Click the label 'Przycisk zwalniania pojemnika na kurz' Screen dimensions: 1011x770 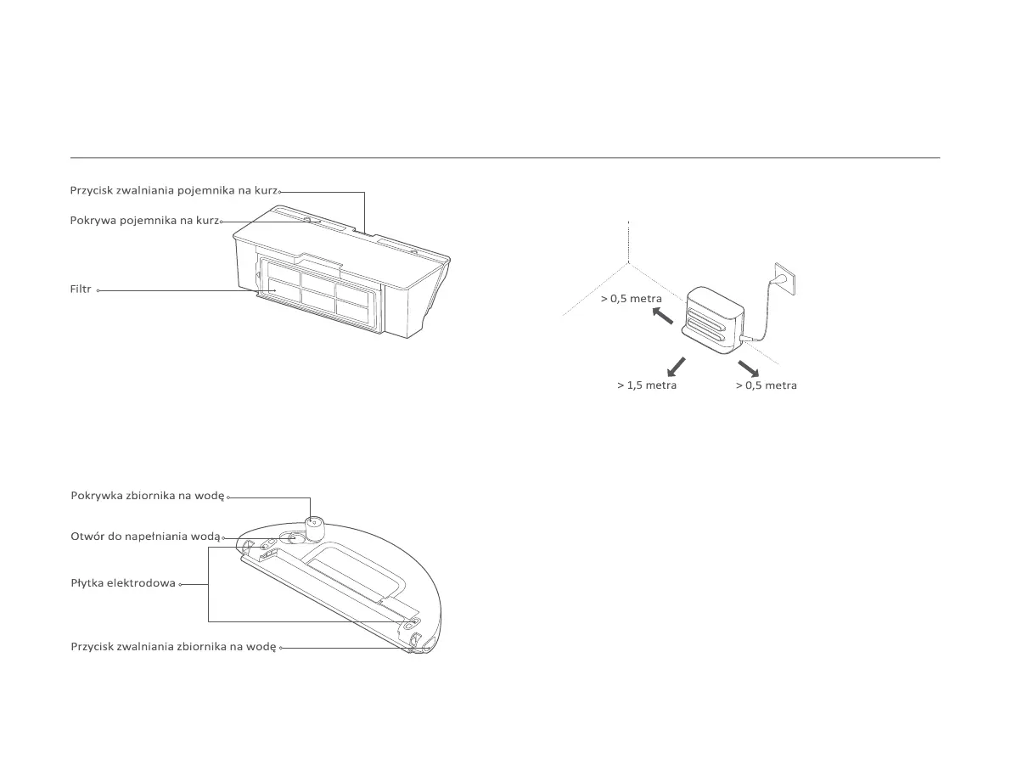(x=174, y=191)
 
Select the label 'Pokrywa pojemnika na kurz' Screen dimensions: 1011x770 (x=143, y=221)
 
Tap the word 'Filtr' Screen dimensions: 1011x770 (x=81, y=289)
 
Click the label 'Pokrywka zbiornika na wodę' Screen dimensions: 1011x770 (x=148, y=496)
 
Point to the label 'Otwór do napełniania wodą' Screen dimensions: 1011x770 (x=144, y=537)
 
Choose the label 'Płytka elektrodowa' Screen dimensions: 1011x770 (x=123, y=583)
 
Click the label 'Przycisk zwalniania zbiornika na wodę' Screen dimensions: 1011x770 (x=173, y=647)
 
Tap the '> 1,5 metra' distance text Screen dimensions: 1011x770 (x=647, y=385)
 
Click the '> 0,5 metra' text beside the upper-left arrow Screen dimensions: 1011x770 (x=632, y=299)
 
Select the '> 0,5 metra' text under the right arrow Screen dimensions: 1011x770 (x=766, y=385)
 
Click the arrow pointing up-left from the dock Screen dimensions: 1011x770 (x=663, y=316)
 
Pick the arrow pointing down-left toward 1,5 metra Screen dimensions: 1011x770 (x=677, y=366)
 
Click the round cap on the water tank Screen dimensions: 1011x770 (x=315, y=528)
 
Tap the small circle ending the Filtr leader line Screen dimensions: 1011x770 (x=98, y=290)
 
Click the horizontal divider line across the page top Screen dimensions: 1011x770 (x=505, y=158)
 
